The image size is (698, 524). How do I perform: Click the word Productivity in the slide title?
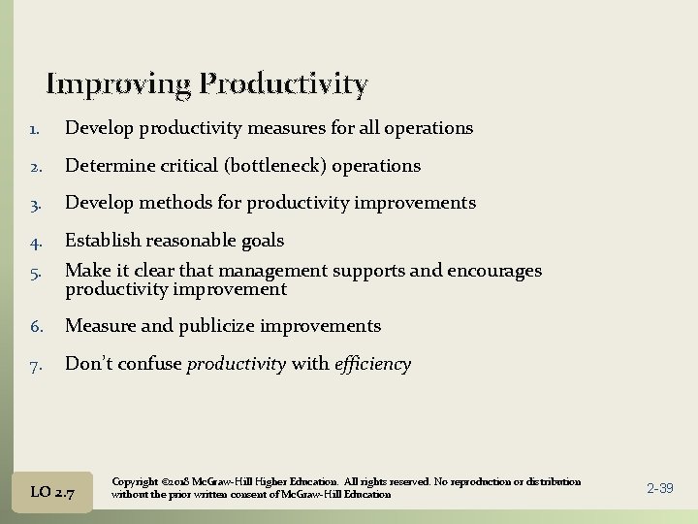(283, 85)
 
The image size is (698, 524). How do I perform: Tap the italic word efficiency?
(372, 365)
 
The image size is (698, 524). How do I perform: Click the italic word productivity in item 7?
(236, 365)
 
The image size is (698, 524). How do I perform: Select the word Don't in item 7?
(88, 365)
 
